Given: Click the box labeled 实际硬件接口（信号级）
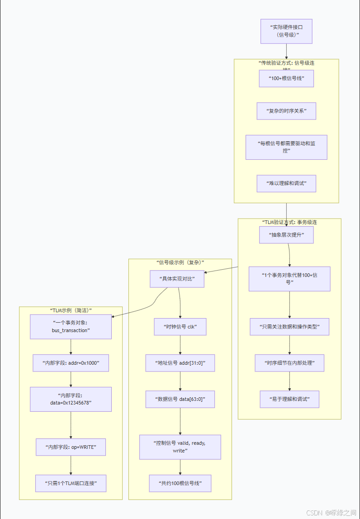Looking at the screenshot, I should tap(286, 31).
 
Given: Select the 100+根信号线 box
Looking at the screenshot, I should tap(286, 78).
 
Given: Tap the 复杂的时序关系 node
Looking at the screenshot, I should tap(286, 111).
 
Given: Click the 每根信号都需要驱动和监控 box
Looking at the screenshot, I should tap(286, 147).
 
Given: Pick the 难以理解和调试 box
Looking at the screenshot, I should tap(286, 184).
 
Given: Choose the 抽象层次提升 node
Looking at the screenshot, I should tap(286, 235).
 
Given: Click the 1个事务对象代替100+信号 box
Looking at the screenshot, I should tap(289, 278).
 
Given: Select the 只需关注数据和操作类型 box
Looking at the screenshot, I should tap(289, 327).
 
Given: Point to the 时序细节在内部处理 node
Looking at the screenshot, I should tap(289, 363).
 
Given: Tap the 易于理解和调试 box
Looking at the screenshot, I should tap(289, 399).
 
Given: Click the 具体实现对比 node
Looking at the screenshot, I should tap(177, 279).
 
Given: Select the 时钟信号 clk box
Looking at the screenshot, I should tap(180, 327).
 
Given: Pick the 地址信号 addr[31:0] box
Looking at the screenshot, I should tap(180, 363).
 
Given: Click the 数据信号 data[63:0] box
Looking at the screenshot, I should tap(180, 399).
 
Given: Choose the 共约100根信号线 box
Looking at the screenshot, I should tap(180, 483).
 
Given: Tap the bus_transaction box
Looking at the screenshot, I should tap(71, 327).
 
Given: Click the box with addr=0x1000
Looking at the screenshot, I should tap(71, 363).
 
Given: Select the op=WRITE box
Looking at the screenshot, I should tap(71, 447).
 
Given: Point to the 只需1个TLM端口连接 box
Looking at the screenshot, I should tap(71, 483).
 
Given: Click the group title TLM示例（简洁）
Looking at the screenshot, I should tap(71, 310).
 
